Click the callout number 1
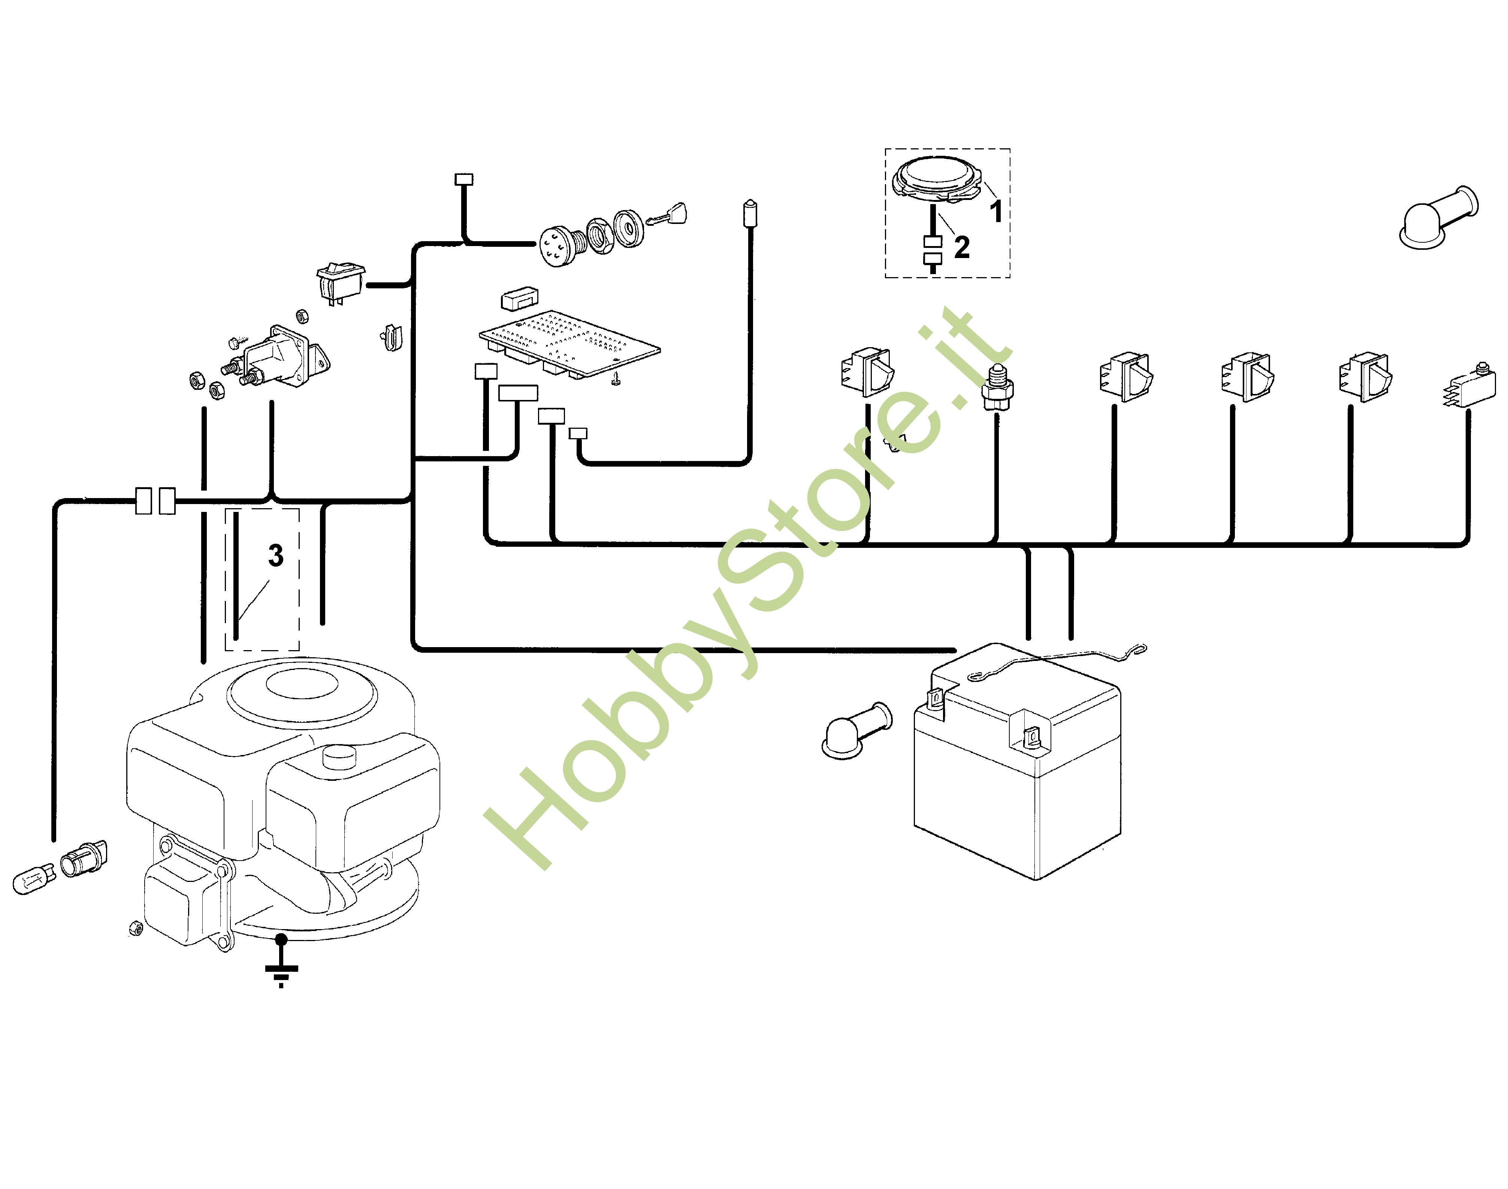pos(996,211)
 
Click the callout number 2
pos(962,247)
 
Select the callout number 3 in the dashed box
pos(276,555)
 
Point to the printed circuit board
pos(569,345)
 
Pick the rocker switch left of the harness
pos(341,282)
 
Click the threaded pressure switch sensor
pos(997,387)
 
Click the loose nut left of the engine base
pos(136,927)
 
